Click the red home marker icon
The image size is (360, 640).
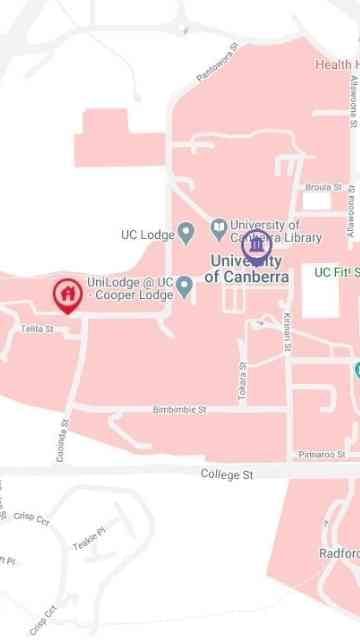pyautogui.click(x=67, y=295)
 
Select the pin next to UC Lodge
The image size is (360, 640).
pyautogui.click(x=185, y=234)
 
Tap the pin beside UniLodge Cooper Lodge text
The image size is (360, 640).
pyautogui.click(x=184, y=287)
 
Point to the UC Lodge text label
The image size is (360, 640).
pyautogui.click(x=147, y=235)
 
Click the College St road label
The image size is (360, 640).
pyautogui.click(x=227, y=474)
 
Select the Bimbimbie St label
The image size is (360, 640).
pyautogui.click(x=179, y=410)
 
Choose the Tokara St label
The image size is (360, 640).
pyautogui.click(x=242, y=387)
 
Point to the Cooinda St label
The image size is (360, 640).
pyautogui.click(x=63, y=436)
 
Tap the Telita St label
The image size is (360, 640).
pyautogui.click(x=36, y=329)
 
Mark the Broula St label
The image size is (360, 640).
pyautogui.click(x=324, y=187)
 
